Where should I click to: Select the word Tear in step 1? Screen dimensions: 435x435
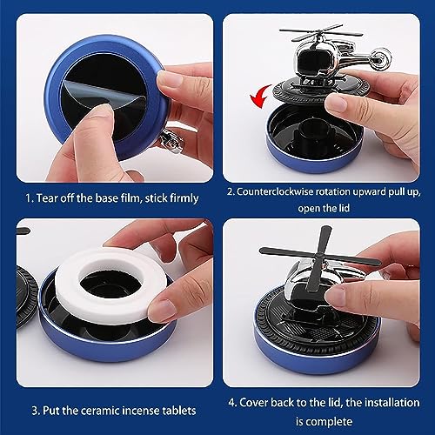point(47,198)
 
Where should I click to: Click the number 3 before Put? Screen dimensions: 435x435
point(36,411)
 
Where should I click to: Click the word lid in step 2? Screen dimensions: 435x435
point(345,208)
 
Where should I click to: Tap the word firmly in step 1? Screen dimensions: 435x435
point(184,198)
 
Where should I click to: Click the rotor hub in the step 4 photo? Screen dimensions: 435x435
point(318,255)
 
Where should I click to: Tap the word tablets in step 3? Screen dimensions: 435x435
point(179,411)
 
